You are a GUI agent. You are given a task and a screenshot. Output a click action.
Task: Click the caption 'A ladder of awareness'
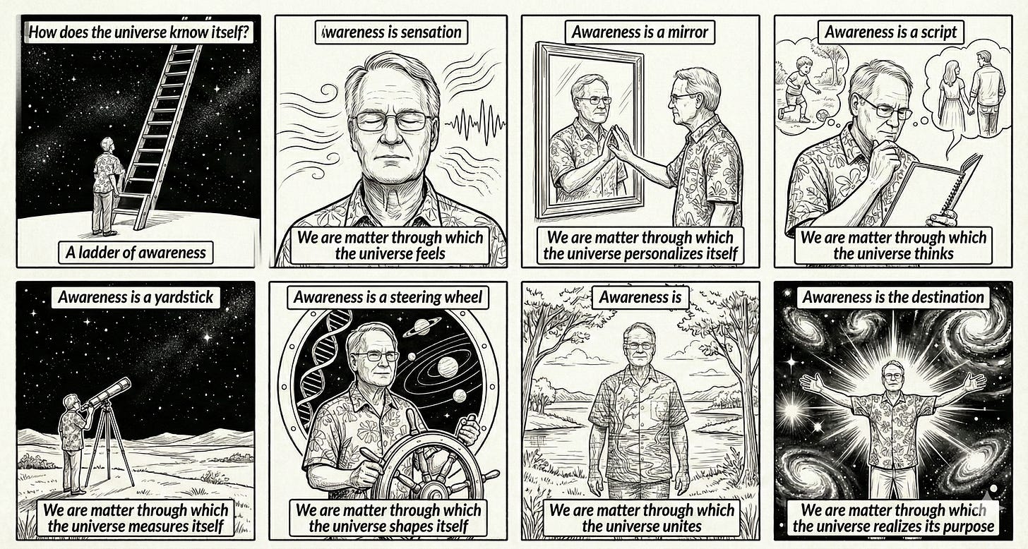(x=136, y=253)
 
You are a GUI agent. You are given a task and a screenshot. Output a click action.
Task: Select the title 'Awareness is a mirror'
(x=640, y=32)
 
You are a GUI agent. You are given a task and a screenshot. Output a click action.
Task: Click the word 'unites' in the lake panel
(x=679, y=526)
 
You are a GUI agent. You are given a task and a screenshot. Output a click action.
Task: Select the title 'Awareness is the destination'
(x=893, y=298)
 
